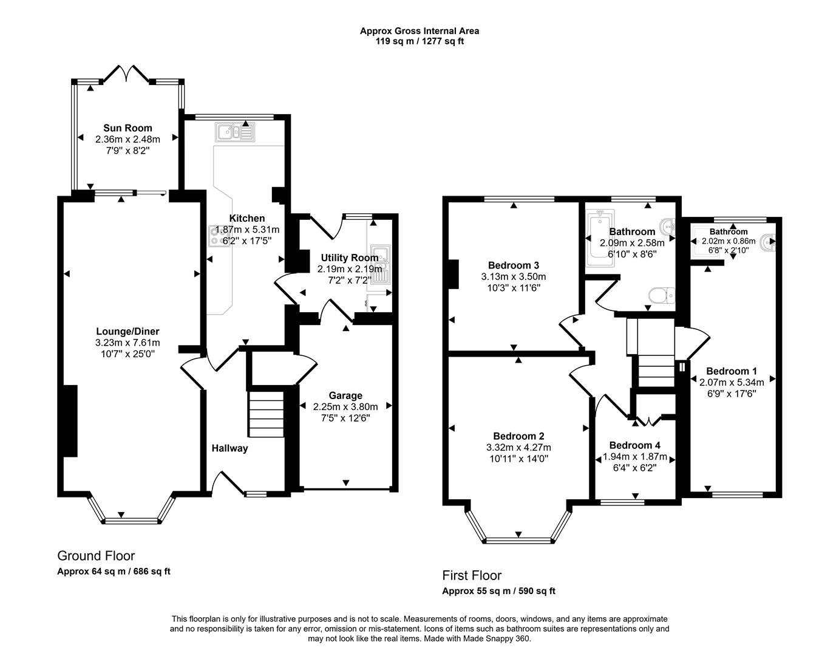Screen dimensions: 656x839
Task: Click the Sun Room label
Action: point(127,128)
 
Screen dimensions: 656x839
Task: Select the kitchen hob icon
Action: point(216,236)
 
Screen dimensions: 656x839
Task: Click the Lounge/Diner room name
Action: point(127,331)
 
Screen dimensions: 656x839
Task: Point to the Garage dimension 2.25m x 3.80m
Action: point(345,406)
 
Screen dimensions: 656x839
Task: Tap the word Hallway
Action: point(229,448)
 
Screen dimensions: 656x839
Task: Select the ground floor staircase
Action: point(266,413)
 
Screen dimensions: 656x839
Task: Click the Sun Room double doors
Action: point(126,74)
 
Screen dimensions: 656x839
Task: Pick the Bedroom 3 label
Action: point(514,265)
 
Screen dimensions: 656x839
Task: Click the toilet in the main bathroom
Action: point(661,295)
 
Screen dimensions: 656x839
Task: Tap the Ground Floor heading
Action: point(96,556)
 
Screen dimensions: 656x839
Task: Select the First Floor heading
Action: point(472,575)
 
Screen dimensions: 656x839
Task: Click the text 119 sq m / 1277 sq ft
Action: point(419,41)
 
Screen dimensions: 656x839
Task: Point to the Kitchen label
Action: point(247,218)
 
